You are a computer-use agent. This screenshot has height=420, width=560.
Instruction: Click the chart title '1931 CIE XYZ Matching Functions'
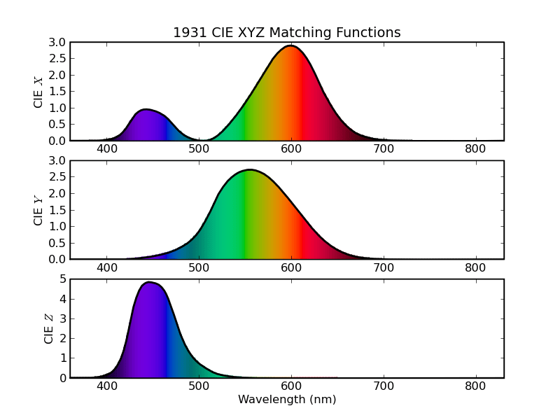287,33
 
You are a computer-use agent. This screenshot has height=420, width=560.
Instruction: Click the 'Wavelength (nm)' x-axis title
287,400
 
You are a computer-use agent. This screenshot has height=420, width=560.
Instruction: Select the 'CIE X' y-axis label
38,91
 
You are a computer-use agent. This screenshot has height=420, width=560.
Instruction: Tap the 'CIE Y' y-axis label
38,209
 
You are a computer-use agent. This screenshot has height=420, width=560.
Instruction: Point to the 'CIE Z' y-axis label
49,328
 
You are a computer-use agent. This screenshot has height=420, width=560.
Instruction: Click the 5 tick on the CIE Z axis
63,279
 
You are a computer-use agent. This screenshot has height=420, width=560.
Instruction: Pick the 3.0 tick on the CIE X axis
57,43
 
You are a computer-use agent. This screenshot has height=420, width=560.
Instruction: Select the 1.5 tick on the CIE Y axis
57,210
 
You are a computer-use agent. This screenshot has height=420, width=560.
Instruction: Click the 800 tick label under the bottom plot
475,386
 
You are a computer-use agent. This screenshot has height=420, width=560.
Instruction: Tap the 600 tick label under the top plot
291,148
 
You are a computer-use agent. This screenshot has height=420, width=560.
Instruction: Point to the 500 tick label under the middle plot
199,267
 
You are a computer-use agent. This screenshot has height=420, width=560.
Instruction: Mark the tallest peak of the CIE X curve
290,46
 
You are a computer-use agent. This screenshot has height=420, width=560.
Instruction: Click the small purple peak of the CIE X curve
145,109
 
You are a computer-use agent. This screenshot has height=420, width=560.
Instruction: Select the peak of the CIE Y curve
249,170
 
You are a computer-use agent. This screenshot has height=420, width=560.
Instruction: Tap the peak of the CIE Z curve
148,283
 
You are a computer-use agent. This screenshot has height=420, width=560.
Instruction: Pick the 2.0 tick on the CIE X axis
57,76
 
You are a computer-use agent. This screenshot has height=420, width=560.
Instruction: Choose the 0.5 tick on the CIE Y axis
57,243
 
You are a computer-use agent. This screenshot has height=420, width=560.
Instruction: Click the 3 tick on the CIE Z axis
63,318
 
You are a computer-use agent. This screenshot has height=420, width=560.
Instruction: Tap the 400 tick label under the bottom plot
107,386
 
